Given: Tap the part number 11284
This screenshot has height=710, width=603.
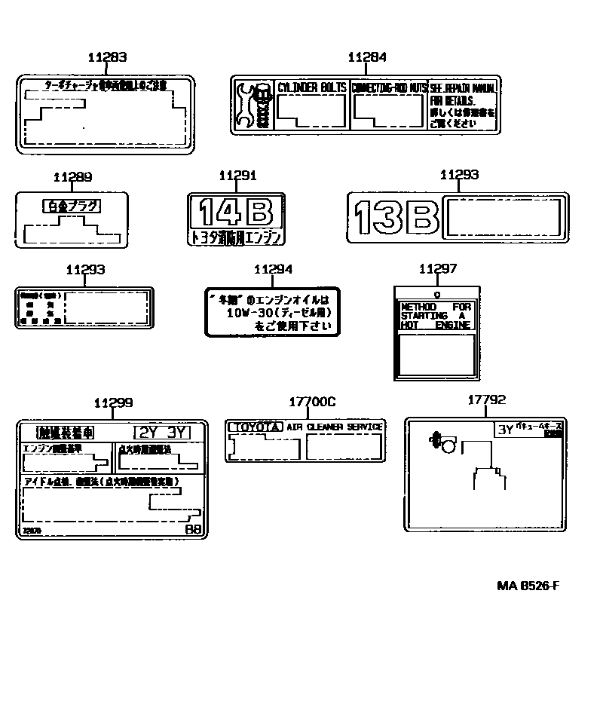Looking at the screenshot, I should click(367, 57).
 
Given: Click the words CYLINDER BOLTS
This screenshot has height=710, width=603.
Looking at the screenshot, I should click(311, 87).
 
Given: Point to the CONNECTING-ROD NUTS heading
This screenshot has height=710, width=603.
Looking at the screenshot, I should click(389, 87).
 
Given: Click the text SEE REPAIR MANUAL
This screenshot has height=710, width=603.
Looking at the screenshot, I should click(464, 87).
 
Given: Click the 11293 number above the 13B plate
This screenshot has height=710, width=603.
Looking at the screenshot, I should click(459, 175).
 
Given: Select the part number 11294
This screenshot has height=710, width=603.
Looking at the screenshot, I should click(273, 269).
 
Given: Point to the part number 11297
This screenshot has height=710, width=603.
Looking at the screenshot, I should click(437, 269).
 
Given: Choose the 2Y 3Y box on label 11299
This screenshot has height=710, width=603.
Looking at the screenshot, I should click(161, 432).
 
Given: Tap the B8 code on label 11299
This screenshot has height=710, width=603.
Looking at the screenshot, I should click(193, 529).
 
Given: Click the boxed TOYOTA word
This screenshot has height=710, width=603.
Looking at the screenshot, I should click(256, 427).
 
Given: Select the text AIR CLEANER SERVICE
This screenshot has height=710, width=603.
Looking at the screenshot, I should click(334, 427).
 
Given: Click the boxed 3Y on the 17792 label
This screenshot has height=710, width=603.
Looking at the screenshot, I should click(504, 430).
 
